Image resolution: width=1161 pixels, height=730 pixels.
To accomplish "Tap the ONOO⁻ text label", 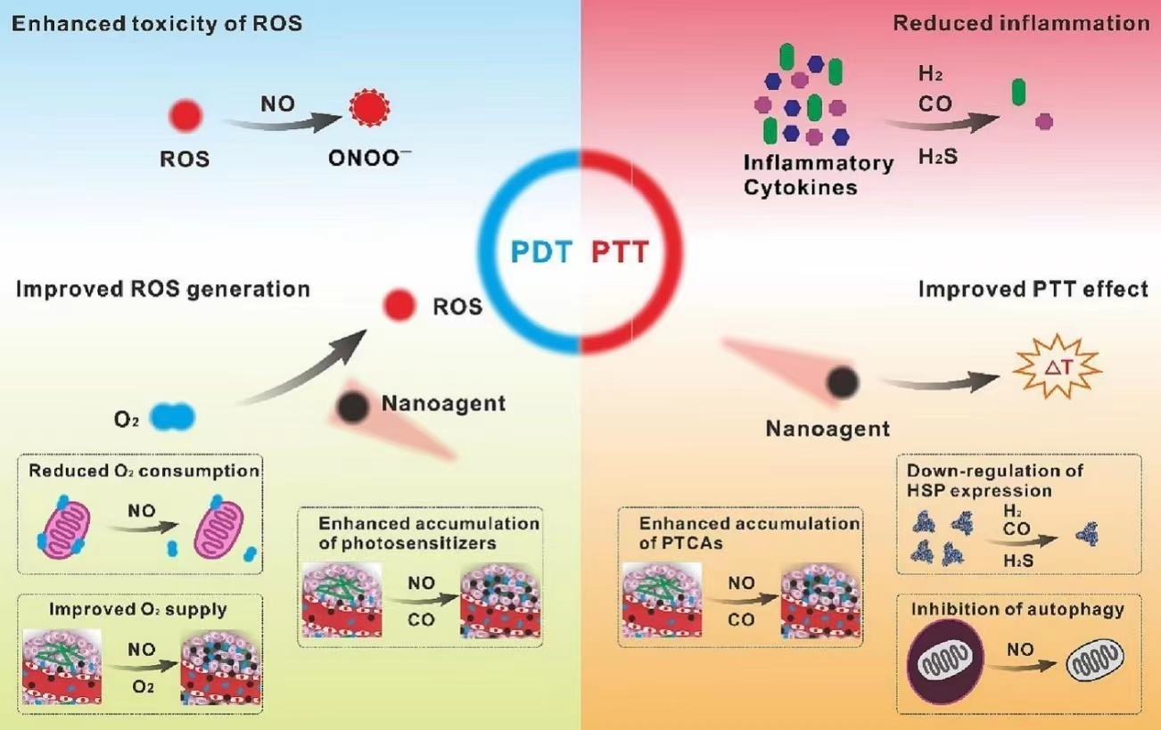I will tap(367, 160).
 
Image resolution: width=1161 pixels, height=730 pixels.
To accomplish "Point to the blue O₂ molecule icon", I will tap(172, 415).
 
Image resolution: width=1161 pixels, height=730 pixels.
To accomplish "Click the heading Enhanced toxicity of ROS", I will tap(156, 24).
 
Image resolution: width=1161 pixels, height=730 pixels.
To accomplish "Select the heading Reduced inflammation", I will tap(1021, 24).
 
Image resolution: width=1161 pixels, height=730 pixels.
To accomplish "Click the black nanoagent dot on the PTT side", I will tap(842, 381).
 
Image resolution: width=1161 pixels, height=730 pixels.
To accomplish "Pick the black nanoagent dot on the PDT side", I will tap(353, 407).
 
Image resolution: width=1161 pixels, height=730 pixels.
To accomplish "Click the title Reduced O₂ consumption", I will tap(144, 470).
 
